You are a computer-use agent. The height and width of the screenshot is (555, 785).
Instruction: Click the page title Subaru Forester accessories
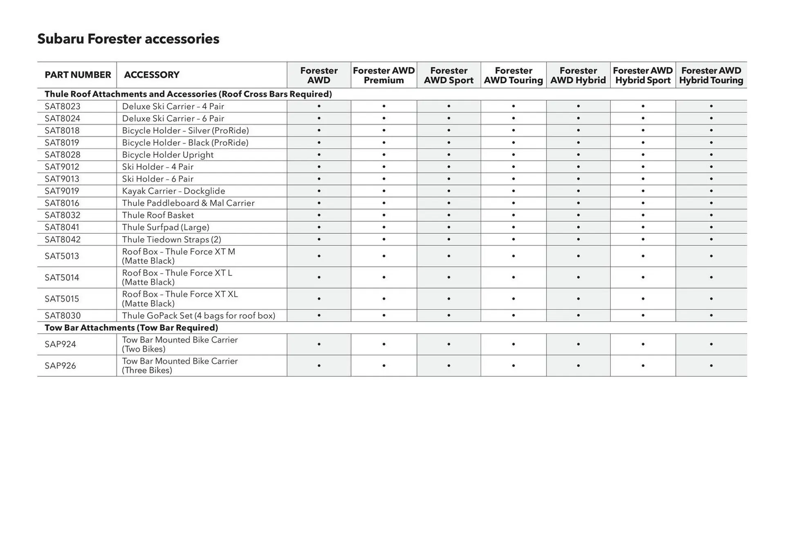point(128,39)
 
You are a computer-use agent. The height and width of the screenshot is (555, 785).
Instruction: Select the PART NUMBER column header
point(78,75)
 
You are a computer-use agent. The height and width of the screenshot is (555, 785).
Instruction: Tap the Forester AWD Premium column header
point(384,75)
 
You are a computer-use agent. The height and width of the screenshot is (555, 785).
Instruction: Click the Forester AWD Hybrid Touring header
point(711,75)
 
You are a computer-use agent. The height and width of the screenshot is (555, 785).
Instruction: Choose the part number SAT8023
point(63,106)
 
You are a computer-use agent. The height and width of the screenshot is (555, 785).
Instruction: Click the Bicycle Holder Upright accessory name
point(168,154)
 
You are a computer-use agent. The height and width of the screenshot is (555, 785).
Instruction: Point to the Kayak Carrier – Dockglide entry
point(173,191)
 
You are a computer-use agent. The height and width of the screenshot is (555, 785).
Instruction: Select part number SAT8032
point(63,215)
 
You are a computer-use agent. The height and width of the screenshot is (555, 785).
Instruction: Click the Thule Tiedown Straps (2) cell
point(171,239)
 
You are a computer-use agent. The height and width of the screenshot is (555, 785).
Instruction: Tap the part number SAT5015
point(62,299)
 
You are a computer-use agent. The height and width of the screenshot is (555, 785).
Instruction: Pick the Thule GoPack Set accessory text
point(198,316)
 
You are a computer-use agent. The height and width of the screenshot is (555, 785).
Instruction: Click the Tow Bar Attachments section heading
point(131,328)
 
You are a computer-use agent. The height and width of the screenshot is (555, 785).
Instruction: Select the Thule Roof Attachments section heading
point(188,94)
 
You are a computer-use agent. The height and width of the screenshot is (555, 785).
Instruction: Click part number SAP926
point(60,366)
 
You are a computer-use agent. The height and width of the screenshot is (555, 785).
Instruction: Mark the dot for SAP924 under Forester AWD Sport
point(449,345)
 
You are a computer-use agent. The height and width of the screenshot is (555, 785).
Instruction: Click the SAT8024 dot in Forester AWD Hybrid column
point(578,119)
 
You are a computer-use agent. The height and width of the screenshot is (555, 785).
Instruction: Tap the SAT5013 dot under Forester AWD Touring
point(513,256)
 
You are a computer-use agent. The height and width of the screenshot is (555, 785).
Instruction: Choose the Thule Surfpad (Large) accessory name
point(166,227)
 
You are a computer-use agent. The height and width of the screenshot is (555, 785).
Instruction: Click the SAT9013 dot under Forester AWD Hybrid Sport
point(643,179)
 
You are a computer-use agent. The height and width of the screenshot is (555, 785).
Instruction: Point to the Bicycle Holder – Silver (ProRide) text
point(185,130)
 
